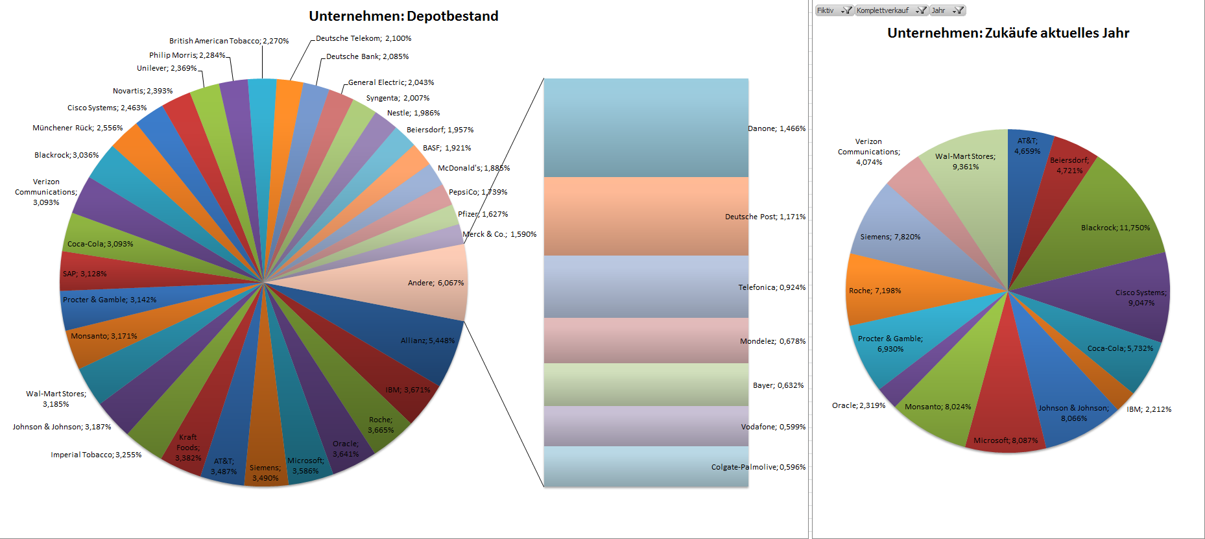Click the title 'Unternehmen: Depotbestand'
tap(403, 16)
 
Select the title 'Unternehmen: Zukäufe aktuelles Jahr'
tap(1008, 33)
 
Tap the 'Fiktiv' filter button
tap(833, 10)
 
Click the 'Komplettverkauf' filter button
tap(890, 10)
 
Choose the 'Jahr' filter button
tap(947, 10)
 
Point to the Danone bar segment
tap(645, 128)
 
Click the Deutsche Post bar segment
tap(645, 217)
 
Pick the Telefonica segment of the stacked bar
tap(645, 287)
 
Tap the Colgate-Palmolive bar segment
tap(645, 466)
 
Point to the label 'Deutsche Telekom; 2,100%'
tap(363, 38)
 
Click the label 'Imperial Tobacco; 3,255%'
tap(96, 455)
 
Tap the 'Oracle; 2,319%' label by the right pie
tap(858, 405)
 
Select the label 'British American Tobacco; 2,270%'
tap(229, 41)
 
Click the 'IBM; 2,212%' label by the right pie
tap(1149, 409)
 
